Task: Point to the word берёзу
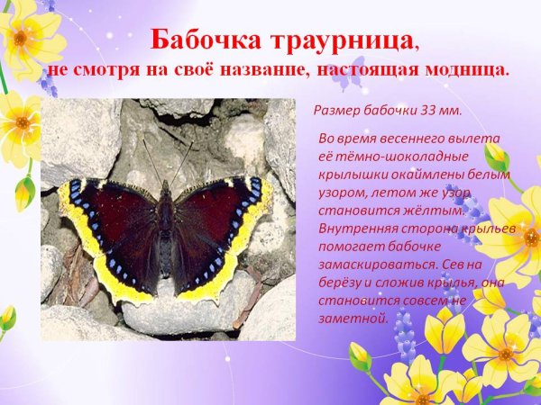[x=341, y=283]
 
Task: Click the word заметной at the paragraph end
[x=353, y=318]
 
